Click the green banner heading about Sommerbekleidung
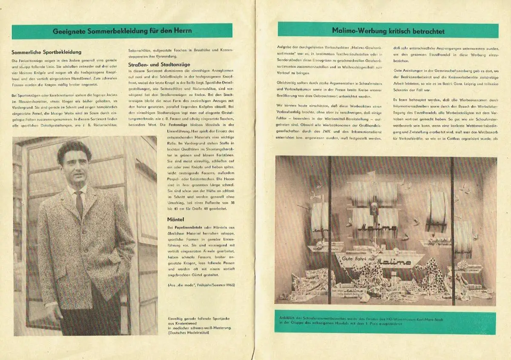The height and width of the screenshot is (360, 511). tap(122, 31)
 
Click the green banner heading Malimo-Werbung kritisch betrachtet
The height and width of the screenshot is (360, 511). tap(388, 31)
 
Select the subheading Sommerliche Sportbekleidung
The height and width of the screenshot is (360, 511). tap(46, 52)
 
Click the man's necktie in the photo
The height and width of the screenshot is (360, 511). tap(79, 204)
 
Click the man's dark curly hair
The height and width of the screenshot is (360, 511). tap(74, 149)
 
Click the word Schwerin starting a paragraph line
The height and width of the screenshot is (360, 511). tap(403, 90)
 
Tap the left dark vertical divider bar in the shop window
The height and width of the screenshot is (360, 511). tap(329, 230)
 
